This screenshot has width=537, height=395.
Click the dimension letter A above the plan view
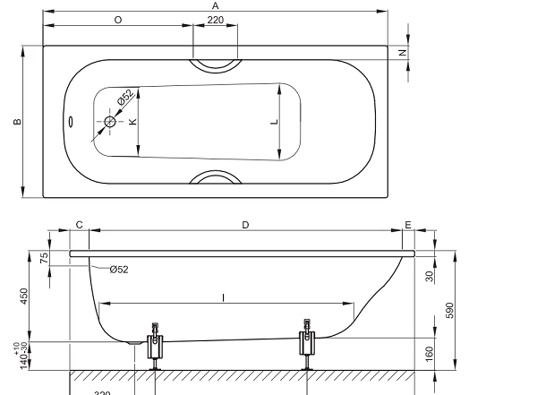215,6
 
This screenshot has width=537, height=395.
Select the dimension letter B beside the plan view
17,122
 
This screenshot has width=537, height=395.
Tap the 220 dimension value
216,20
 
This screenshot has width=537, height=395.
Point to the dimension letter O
118,20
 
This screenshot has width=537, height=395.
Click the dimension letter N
403,53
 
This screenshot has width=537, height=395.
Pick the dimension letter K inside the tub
132,122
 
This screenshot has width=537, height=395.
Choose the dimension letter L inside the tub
275,122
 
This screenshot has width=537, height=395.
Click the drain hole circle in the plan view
109,122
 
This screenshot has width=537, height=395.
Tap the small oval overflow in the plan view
71,122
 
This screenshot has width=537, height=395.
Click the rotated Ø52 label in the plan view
125,97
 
